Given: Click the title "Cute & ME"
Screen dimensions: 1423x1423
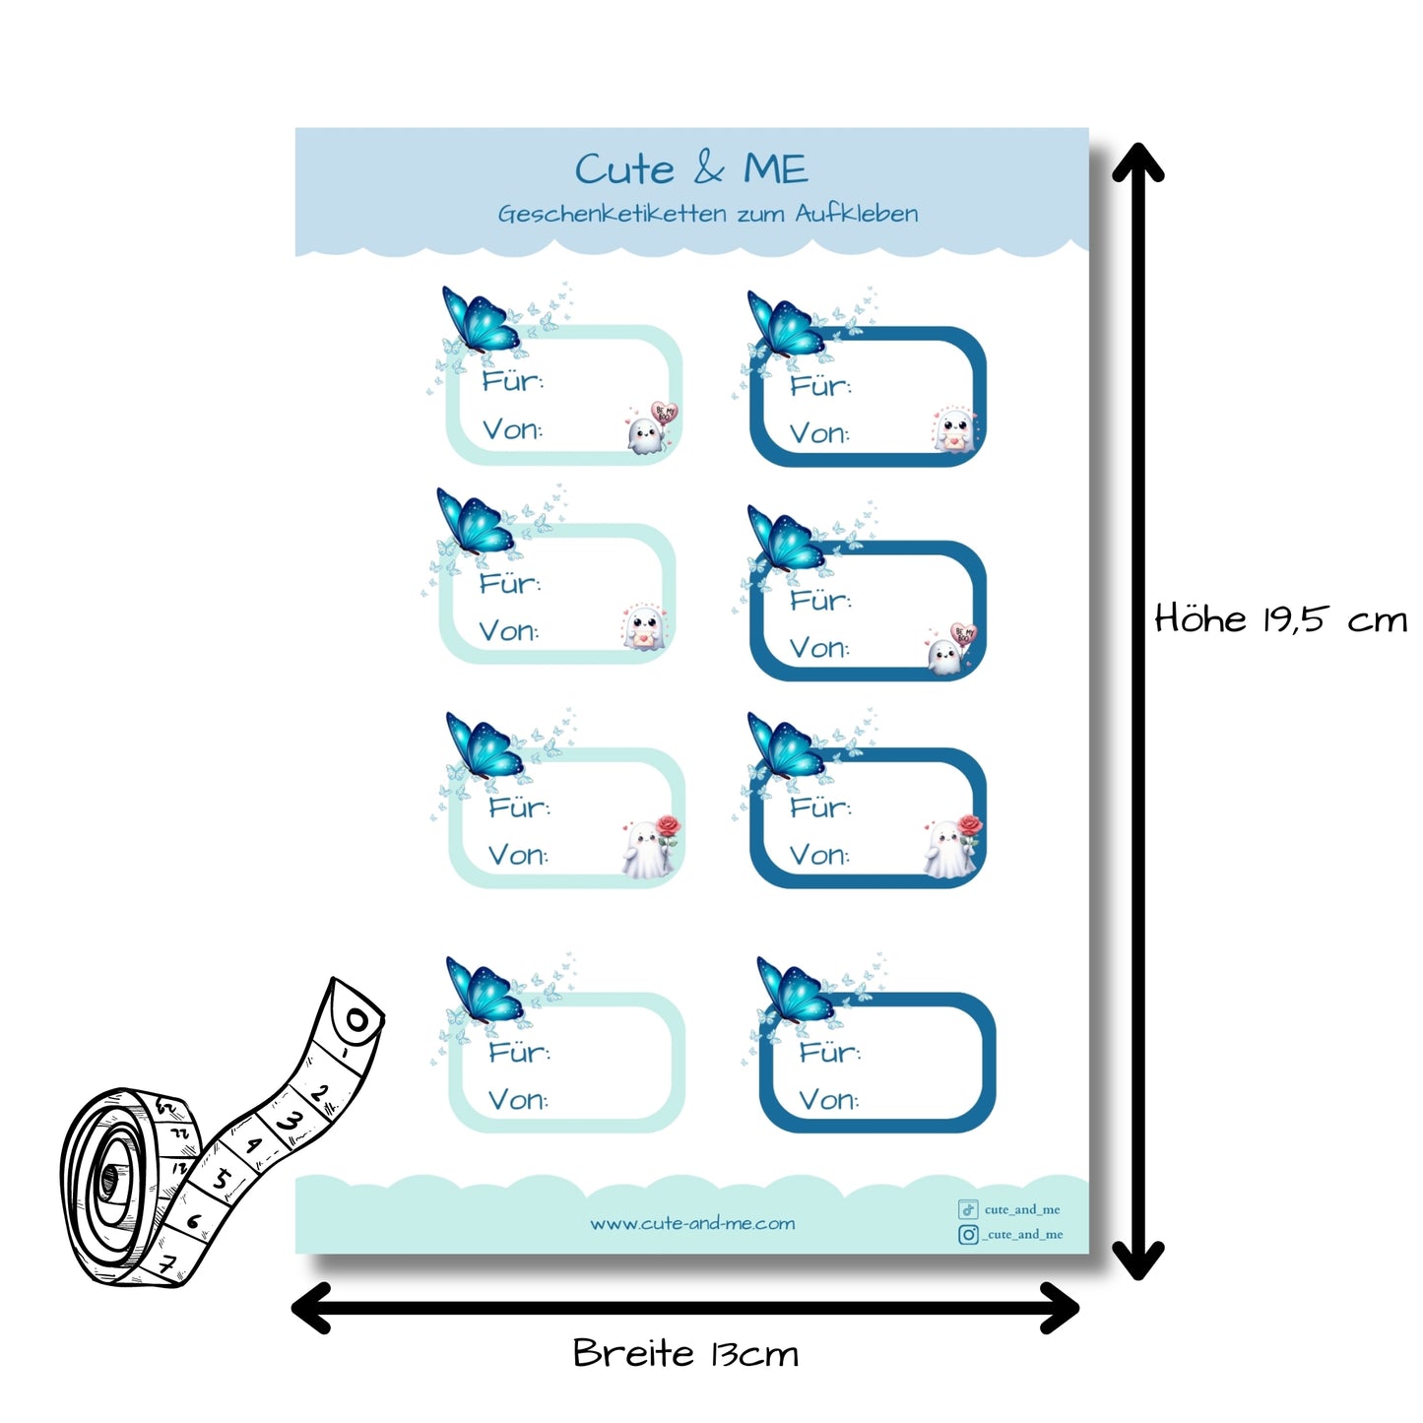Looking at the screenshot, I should coord(691,169).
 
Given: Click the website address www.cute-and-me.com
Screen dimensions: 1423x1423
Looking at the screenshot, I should coord(692,1223).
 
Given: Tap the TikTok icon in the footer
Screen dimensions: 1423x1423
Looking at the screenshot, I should coord(968,1209).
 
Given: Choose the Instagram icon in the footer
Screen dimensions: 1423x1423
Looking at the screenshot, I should coord(968,1234).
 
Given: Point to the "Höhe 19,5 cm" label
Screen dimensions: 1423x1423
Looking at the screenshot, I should coord(1280,619).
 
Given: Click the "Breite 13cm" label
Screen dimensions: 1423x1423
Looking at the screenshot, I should coord(685,1353).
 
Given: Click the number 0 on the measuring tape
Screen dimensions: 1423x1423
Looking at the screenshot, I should coord(356,1020).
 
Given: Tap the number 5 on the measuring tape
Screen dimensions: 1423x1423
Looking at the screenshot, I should coord(223,1177).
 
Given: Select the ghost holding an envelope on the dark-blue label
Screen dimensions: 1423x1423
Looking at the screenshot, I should coord(953,430).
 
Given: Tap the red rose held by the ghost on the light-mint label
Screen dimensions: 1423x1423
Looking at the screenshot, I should coord(669,825).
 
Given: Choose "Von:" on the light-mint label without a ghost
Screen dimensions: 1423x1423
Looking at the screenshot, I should coord(518,1099).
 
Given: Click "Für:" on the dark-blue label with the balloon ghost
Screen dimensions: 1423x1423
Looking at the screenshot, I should coord(820,600).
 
